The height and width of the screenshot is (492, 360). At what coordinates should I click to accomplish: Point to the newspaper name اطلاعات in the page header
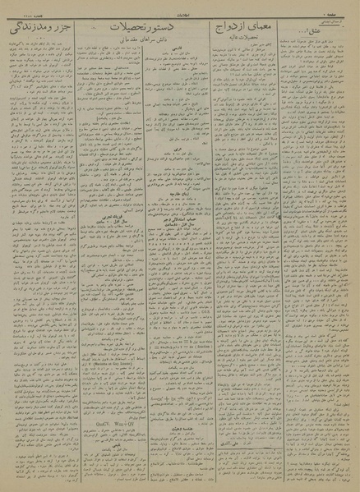tap(182, 8)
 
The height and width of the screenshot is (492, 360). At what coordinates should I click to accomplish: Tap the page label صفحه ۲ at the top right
tap(344, 7)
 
